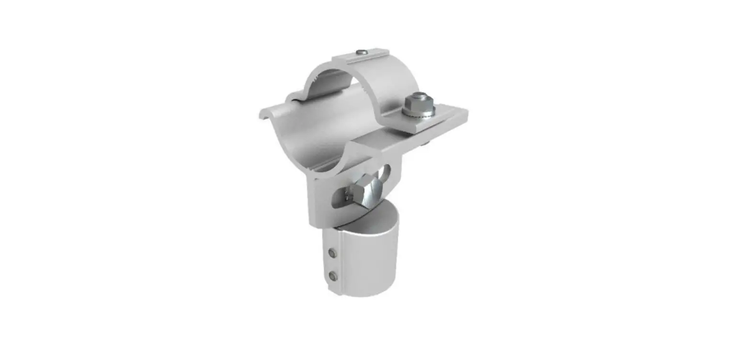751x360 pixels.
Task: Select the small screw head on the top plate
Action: coord(363,52)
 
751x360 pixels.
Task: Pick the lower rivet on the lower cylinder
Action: coord(333,276)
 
